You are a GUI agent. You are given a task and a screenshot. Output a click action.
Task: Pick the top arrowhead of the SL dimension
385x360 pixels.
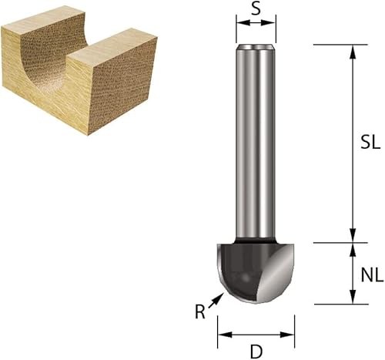tap(353, 50)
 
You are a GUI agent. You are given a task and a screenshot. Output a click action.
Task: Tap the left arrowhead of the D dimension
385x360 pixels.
tap(223, 335)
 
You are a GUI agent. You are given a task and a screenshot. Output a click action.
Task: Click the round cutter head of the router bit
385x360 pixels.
tap(246, 274)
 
